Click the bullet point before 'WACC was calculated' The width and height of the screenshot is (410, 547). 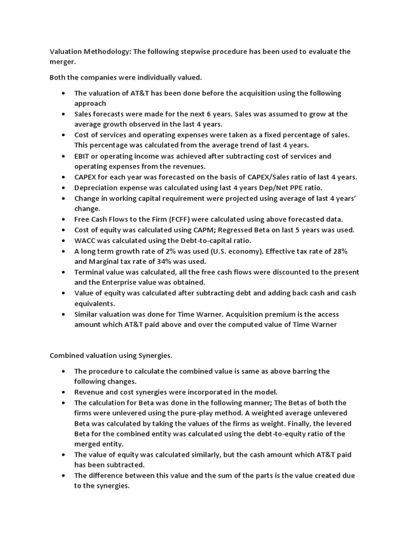[x=64, y=240]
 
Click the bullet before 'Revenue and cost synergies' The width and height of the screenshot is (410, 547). [x=64, y=392]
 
